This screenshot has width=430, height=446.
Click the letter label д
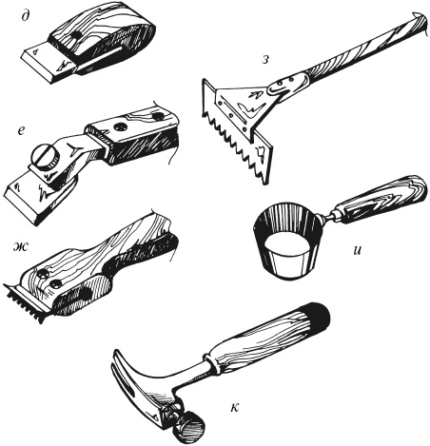point(25,16)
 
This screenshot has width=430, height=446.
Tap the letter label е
point(21,130)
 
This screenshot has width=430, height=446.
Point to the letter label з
point(265,60)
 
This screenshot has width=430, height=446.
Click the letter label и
point(357,250)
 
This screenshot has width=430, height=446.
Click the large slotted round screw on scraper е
point(45,158)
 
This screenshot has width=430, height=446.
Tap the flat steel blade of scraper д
point(46,65)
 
